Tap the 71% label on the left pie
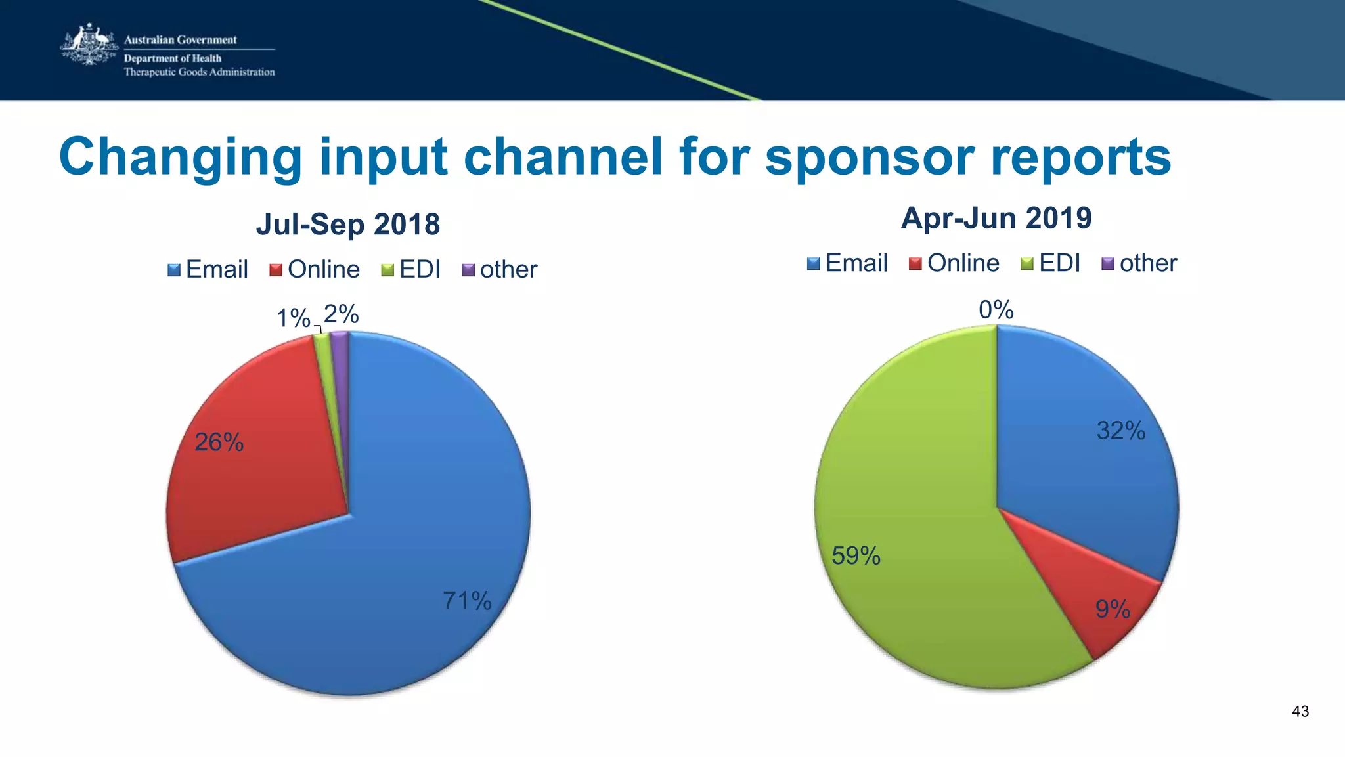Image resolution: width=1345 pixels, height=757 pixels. (467, 601)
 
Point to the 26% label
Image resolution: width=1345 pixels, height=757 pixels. (219, 443)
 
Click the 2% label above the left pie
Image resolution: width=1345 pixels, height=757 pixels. (342, 314)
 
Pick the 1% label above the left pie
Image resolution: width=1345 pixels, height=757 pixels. (293, 318)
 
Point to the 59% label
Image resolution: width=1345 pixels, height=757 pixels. (856, 556)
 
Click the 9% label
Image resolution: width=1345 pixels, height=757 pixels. (1113, 609)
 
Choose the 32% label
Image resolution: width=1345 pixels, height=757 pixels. (1121, 431)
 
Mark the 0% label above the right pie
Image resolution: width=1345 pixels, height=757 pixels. (996, 309)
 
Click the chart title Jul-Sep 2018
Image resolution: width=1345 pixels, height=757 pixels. (347, 224)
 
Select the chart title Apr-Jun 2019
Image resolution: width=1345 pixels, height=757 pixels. (996, 218)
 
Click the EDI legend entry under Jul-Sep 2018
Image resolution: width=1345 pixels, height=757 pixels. (412, 269)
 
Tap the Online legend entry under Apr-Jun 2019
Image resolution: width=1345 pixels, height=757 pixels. (955, 263)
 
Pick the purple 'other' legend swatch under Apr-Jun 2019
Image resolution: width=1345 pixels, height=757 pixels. (1108, 264)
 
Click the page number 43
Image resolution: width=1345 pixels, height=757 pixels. (1300, 712)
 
